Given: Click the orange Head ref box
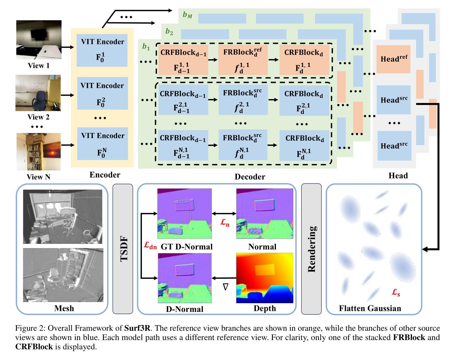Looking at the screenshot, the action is coord(393,59).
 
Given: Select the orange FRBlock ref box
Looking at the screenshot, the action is coord(243,60).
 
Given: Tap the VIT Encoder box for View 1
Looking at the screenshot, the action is coord(102,50).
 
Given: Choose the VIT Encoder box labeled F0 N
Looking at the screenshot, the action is coord(103,144).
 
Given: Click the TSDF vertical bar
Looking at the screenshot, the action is coord(123,249).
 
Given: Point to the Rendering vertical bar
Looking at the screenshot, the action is coord(311,249).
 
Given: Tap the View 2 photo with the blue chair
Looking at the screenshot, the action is coord(38,93).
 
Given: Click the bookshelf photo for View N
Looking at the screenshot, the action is coord(38,152).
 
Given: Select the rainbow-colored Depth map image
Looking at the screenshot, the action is coord(265,278).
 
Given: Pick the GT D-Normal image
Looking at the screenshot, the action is coord(185,214).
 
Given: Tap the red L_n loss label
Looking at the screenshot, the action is coord(225,223).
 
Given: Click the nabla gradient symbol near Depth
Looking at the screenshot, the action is coord(226,287).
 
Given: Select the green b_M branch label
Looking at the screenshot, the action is coord(187,15).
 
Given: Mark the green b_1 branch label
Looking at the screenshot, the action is coord(146,47).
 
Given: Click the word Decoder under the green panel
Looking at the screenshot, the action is coord(250,177).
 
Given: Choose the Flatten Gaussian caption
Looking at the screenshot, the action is coord(370,308).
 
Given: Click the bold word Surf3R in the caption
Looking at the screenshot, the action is coord(137,328).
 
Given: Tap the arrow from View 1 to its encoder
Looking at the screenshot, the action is coord(68,47).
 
